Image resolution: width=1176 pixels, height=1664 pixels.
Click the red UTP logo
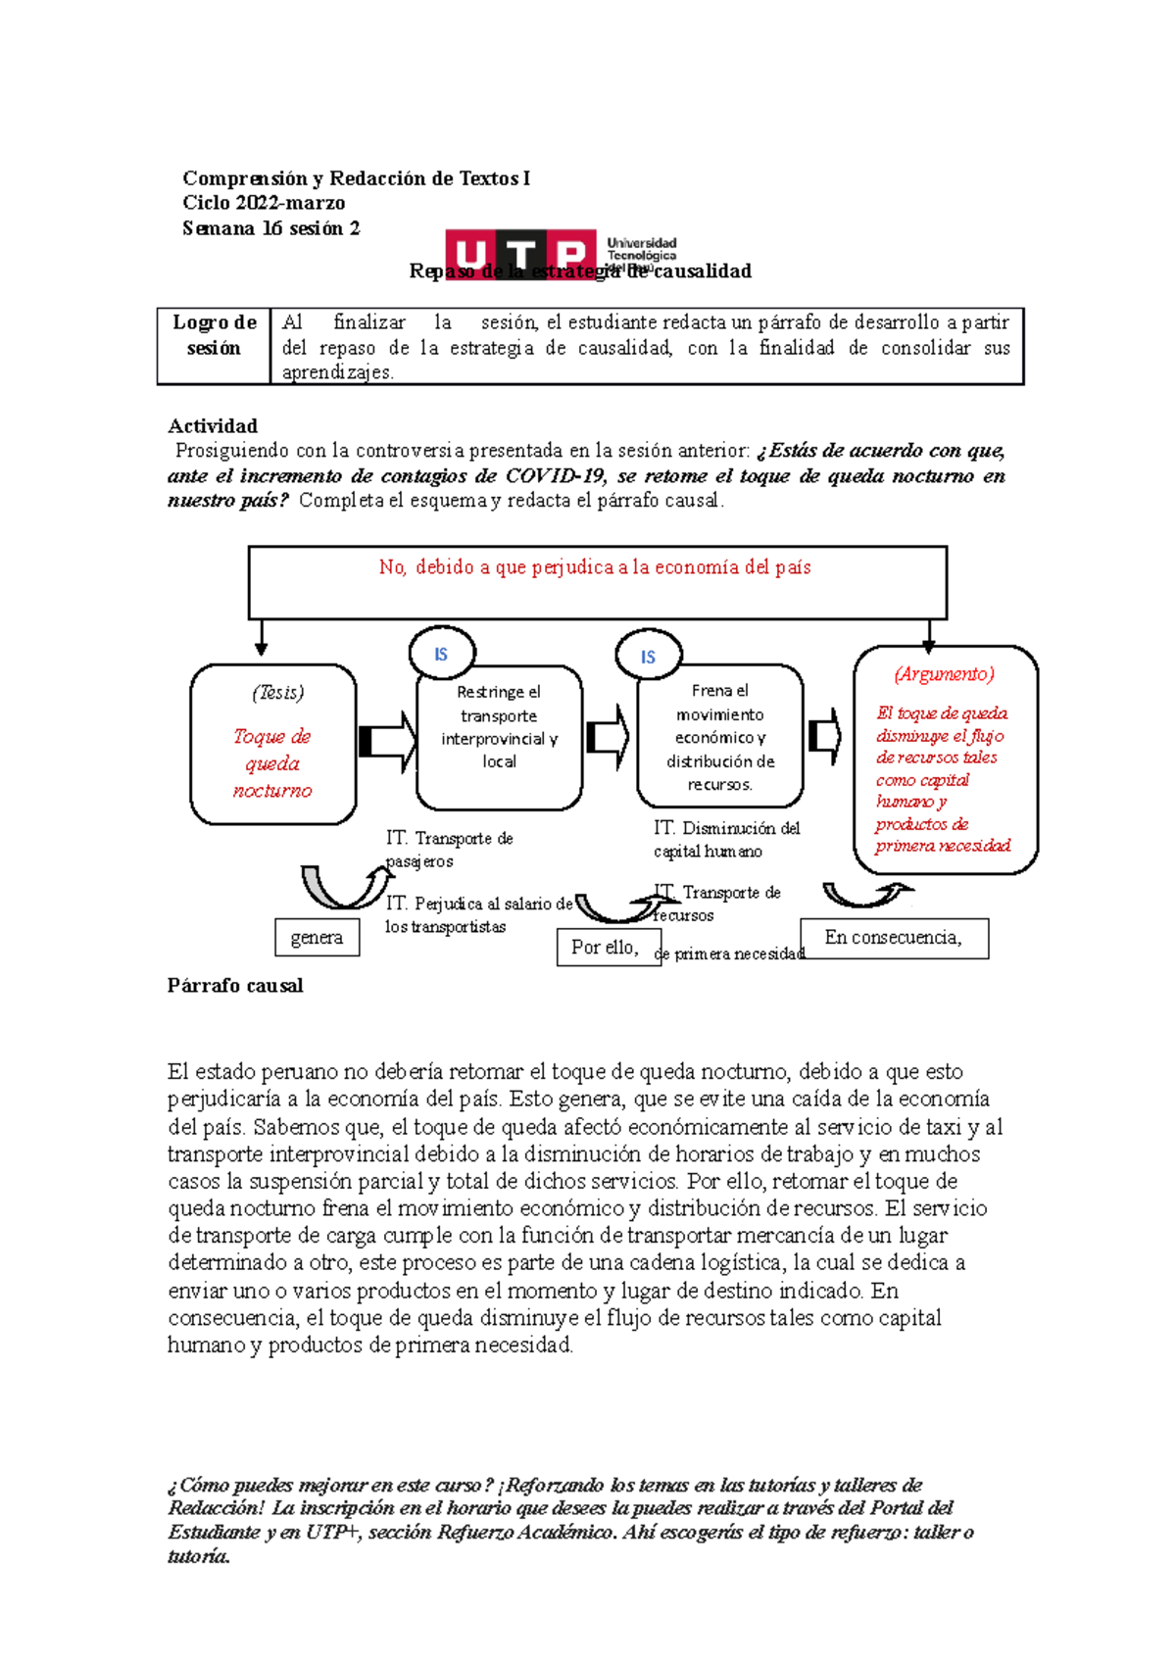coord(520,254)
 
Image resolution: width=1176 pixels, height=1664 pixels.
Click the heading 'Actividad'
coord(213,426)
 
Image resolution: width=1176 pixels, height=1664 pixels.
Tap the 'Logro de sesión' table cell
coord(214,335)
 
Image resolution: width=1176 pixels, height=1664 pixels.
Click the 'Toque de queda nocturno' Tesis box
coord(272,745)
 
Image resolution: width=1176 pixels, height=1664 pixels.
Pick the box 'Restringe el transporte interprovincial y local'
coord(499,737)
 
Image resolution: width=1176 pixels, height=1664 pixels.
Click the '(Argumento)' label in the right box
coord(944,674)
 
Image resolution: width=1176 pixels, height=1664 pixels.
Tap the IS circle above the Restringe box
coord(442,654)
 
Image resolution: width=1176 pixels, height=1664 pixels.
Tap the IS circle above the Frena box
coord(648,656)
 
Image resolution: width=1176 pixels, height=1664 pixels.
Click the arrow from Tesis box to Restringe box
coord(387,741)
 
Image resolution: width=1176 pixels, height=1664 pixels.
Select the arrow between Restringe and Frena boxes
coord(609,737)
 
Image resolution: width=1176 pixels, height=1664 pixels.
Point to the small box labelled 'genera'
coord(317,938)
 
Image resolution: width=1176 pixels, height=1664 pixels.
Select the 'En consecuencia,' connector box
coord(894,938)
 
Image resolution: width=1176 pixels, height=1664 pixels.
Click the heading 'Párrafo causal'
coord(235,986)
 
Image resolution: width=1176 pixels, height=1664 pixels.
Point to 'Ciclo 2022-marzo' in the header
coord(264,203)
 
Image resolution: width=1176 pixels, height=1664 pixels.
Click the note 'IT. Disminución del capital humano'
coord(726,840)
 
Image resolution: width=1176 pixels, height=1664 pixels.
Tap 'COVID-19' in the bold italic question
coord(557,476)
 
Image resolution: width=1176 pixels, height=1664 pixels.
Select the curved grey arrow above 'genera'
coord(343,885)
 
